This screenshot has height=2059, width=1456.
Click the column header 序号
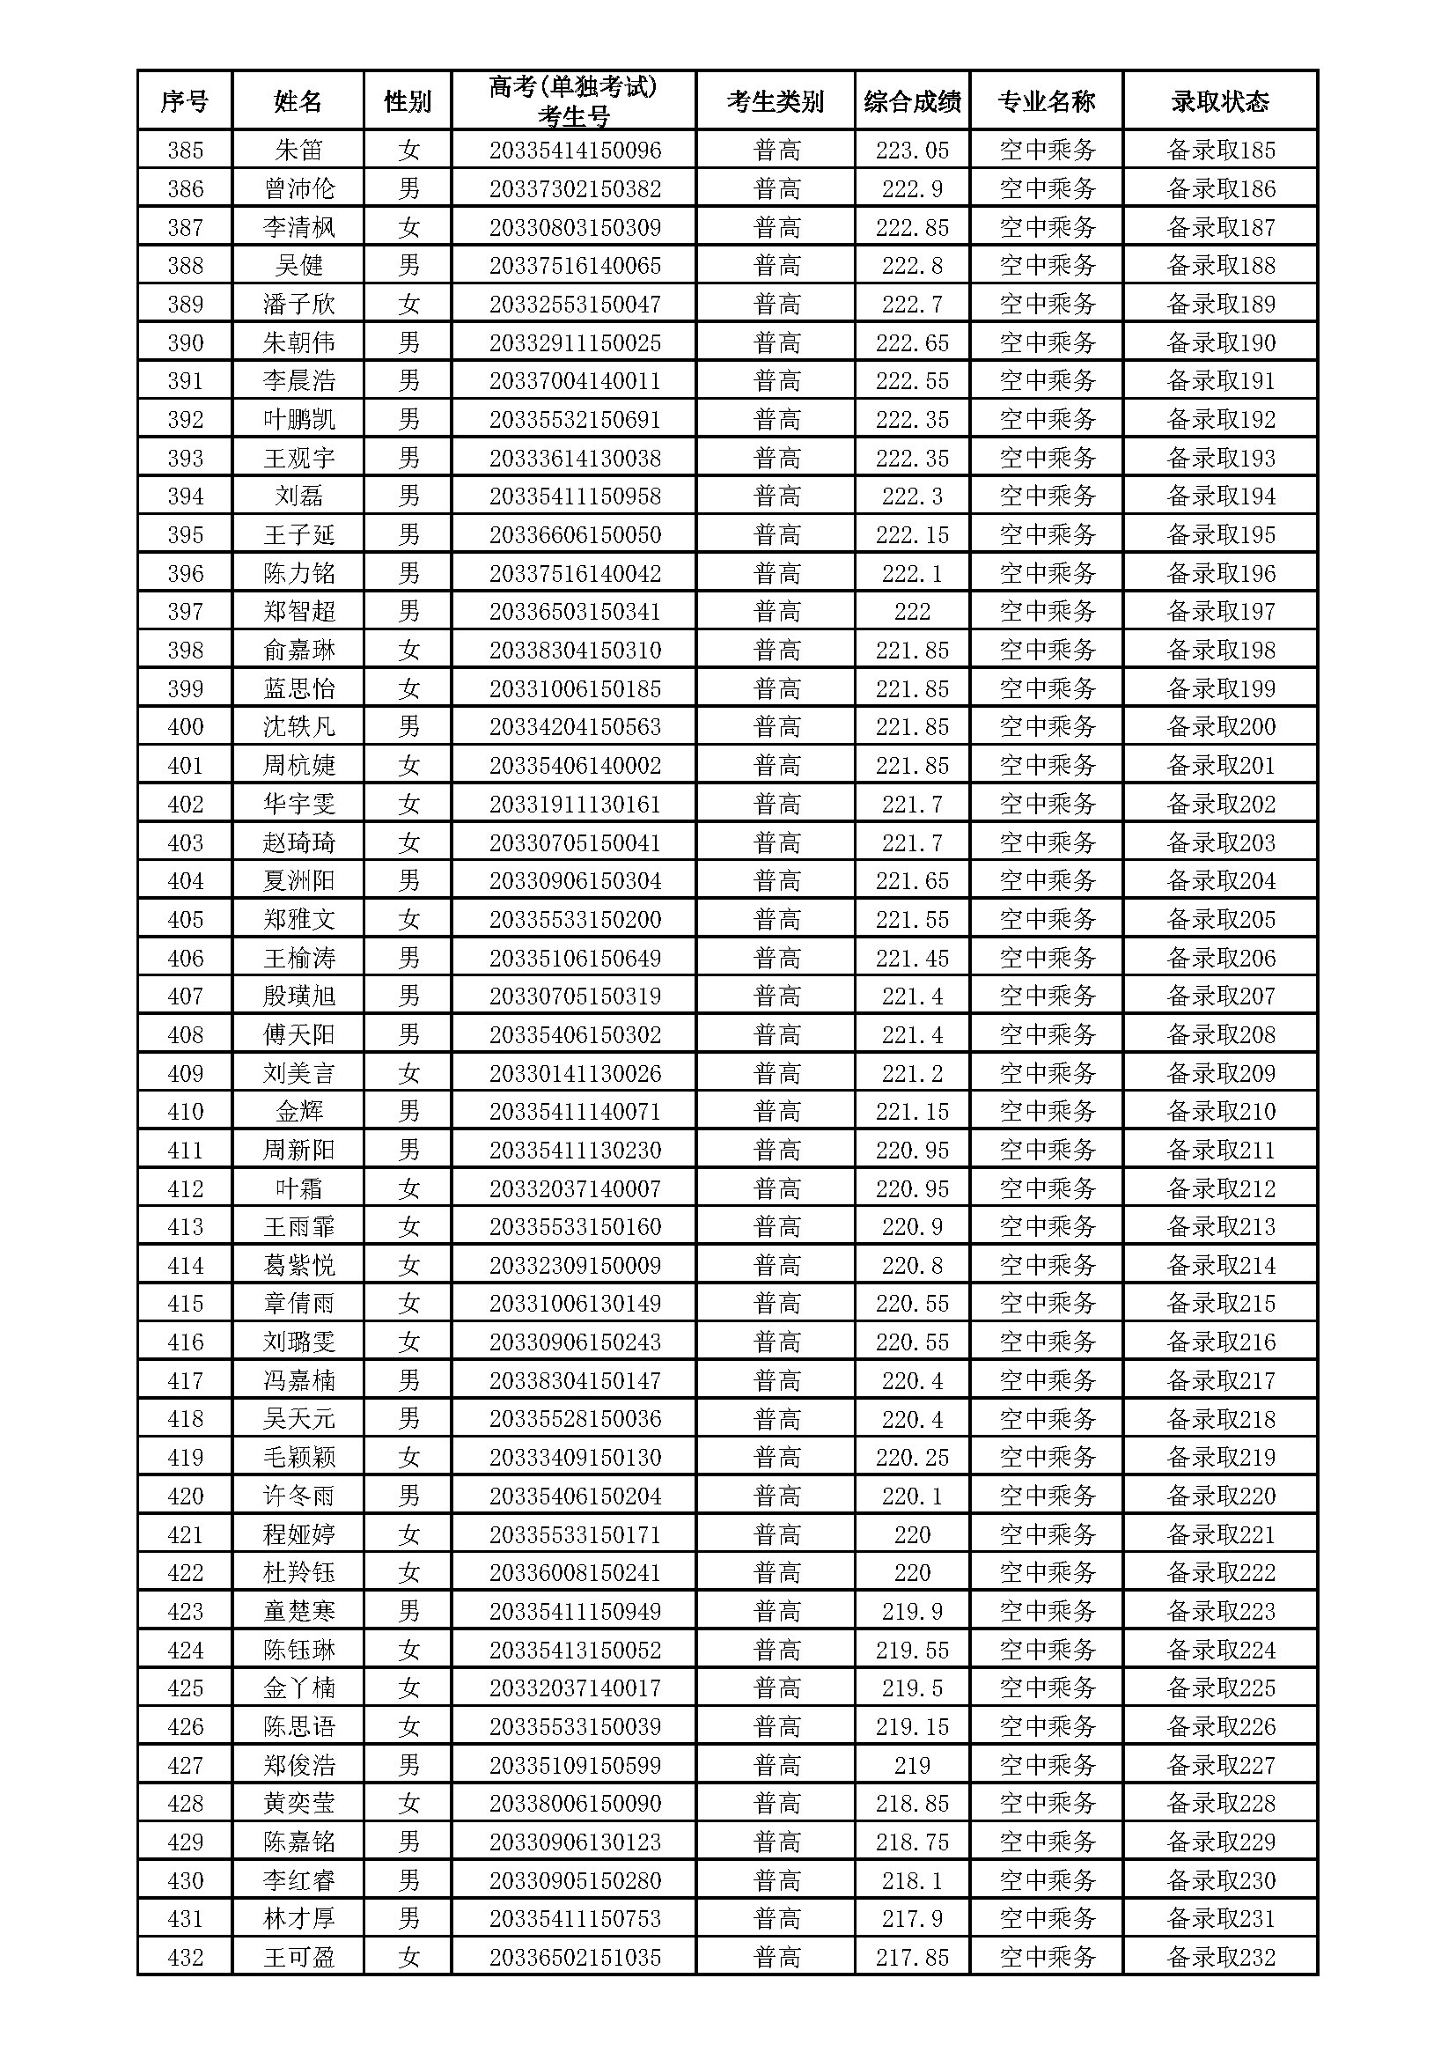[185, 101]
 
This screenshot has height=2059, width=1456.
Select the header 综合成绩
[912, 101]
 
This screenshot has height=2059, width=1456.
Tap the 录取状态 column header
[1220, 101]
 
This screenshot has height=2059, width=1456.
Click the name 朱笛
[298, 150]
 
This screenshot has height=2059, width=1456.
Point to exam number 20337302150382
[575, 188]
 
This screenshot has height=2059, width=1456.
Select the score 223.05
[912, 150]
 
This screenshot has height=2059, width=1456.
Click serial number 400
[185, 726]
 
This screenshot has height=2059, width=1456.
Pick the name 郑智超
[298, 612]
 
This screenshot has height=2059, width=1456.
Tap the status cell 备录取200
[1220, 726]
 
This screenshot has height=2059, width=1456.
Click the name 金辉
[298, 1112]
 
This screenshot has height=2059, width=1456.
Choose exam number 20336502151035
[575, 1958]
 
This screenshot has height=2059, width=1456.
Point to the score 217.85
[912, 1958]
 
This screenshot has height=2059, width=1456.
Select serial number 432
[185, 1958]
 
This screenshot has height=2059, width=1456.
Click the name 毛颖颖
[298, 1457]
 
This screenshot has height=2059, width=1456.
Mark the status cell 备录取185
[1220, 150]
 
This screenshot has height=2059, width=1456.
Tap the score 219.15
[912, 1726]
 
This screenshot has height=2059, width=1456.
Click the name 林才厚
[298, 1919]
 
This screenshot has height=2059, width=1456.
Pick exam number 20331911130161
[575, 804]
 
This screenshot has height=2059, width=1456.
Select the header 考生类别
[776, 101]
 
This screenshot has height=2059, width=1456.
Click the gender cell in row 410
[408, 1112]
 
